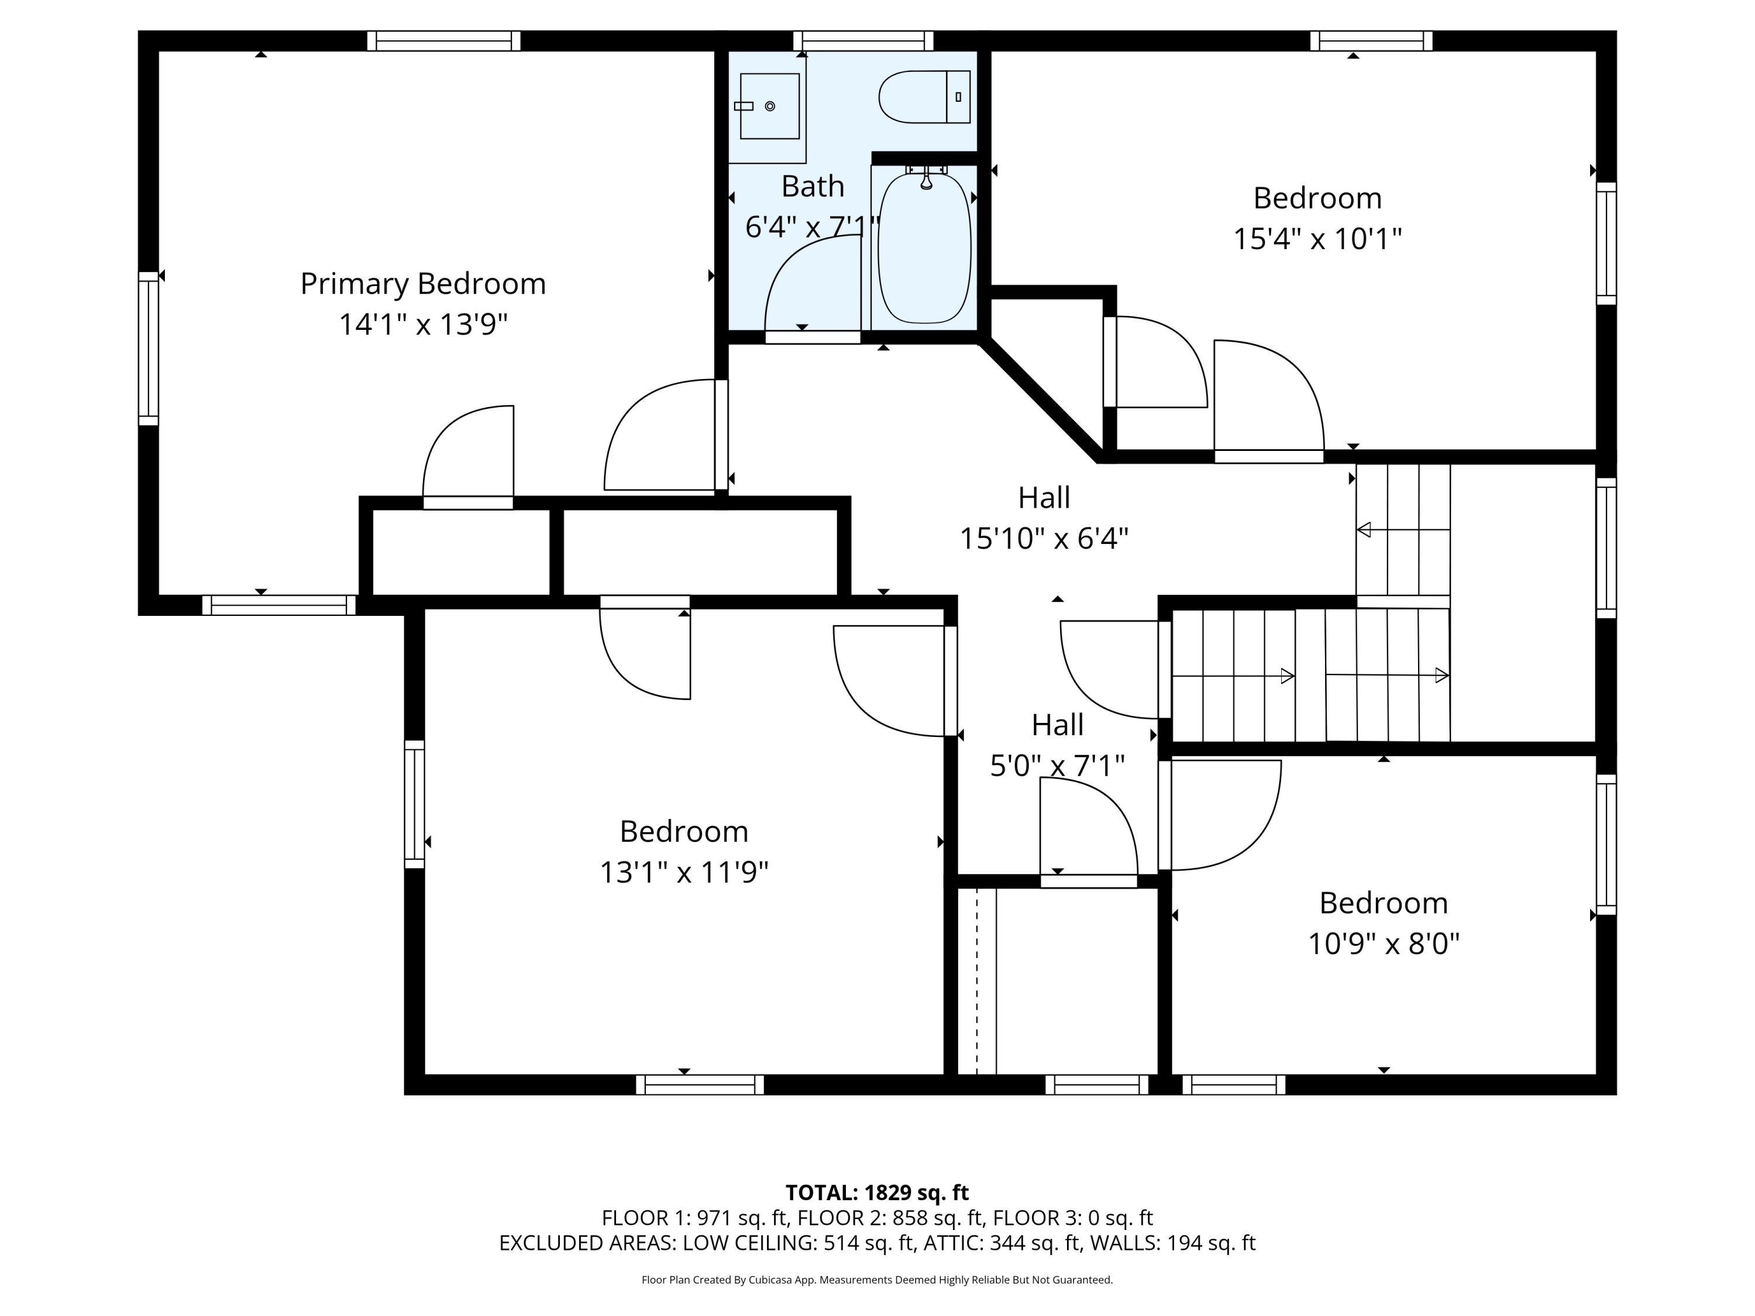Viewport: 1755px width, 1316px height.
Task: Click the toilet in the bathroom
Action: click(924, 97)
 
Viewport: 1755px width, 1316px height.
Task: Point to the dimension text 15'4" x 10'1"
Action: click(1317, 238)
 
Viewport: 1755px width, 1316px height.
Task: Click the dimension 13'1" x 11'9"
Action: click(684, 873)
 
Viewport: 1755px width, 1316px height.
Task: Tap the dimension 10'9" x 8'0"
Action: click(1384, 944)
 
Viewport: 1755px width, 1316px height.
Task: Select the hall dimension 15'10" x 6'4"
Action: click(1044, 539)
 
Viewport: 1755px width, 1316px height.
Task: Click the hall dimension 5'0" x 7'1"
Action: click(1058, 766)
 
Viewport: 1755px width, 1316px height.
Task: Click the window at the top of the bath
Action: click(863, 40)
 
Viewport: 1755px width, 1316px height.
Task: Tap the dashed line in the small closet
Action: click(977, 981)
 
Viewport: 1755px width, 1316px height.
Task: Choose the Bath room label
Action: click(813, 187)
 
